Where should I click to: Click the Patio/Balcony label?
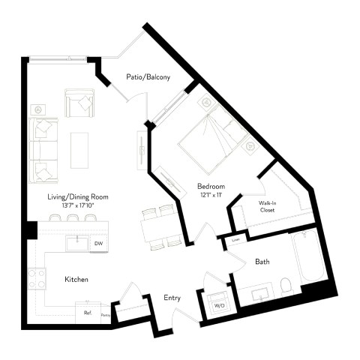coord(148,76)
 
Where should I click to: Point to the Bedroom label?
coord(211,186)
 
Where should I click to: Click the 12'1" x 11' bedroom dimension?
coord(211,195)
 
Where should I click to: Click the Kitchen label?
coord(76,279)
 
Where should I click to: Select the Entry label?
coord(172,298)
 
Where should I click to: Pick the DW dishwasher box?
coord(98,244)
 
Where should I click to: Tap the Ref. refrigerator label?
coord(87,312)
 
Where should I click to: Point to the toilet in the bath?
coord(285,285)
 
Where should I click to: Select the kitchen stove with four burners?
coord(36,278)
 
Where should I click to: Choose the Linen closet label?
coord(235,240)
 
